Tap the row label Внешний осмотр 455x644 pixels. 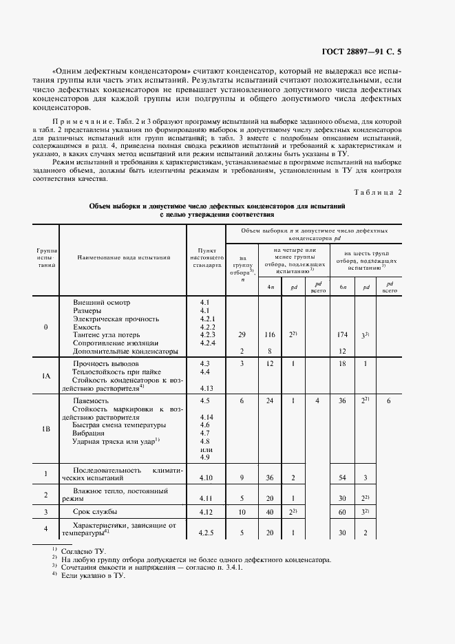pos(100,302)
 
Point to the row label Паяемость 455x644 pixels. pos(91,400)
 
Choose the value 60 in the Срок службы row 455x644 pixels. pos(342,513)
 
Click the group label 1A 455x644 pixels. pos(45,376)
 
